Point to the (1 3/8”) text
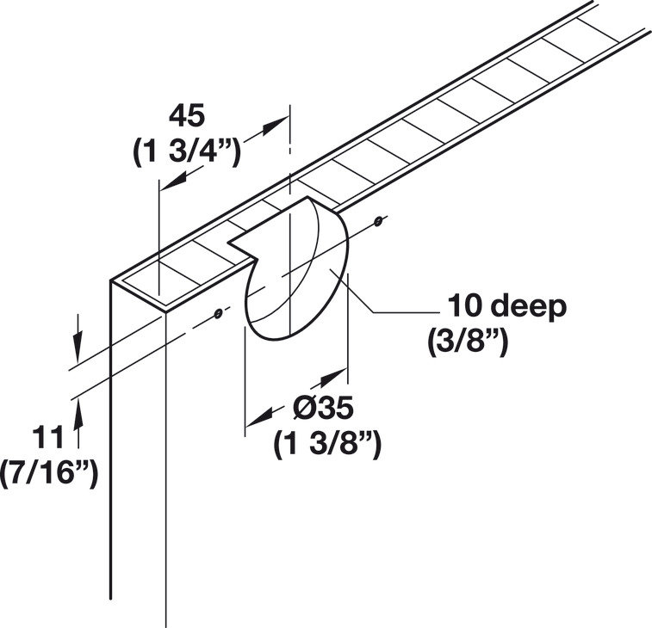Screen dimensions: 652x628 pos(327,445)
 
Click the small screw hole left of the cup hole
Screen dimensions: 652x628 pos(218,312)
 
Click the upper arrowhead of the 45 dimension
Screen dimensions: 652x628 pos(273,124)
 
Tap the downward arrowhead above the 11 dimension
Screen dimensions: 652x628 pos(78,352)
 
